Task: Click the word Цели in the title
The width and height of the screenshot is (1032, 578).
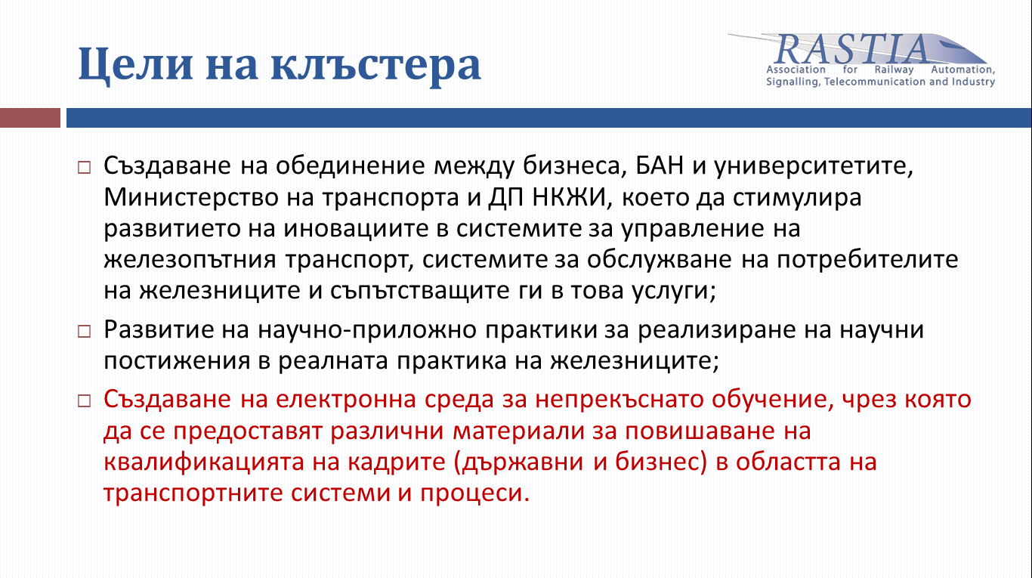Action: click(x=135, y=63)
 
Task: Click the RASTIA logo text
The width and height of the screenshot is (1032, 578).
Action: click(x=852, y=49)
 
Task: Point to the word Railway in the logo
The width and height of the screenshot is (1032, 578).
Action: click(x=894, y=70)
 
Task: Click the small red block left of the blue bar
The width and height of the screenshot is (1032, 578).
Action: click(x=30, y=118)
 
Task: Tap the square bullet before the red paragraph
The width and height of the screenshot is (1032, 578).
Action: click(x=84, y=400)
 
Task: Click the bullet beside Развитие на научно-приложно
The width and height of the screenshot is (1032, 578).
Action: click(x=84, y=331)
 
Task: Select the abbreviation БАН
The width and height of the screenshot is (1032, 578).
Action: click(x=660, y=165)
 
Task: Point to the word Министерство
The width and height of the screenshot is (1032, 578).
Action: click(x=190, y=197)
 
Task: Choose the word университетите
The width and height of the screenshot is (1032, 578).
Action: click(x=814, y=166)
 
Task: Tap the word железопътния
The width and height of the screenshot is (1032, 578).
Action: click(x=190, y=261)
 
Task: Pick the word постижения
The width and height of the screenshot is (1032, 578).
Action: click(x=177, y=361)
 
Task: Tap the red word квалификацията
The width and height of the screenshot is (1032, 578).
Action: click(x=204, y=462)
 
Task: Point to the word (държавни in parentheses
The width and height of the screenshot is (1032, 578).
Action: click(x=518, y=462)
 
